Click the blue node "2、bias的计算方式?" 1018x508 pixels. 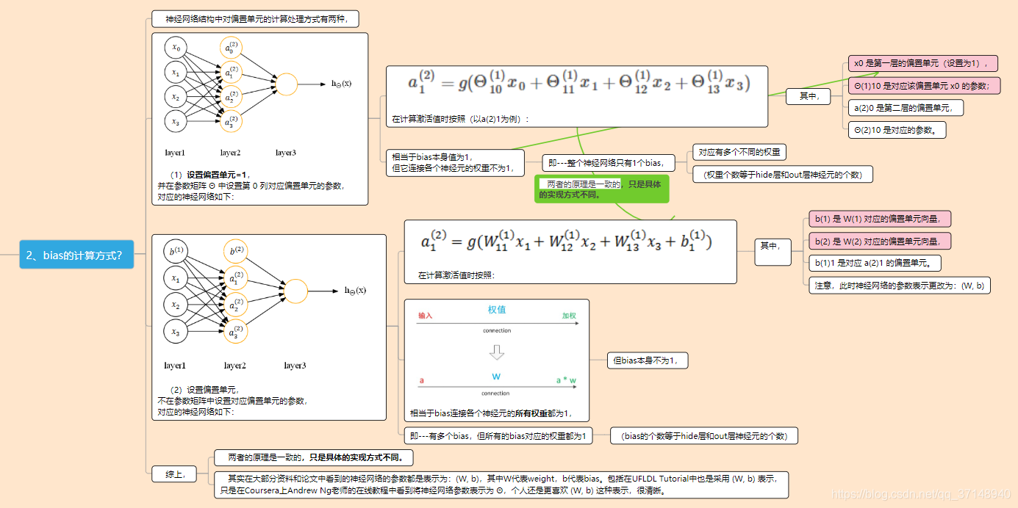[x=77, y=255]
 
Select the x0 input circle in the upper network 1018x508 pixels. [x=176, y=48]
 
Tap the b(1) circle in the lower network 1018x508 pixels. [x=176, y=253]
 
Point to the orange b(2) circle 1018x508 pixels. [x=236, y=252]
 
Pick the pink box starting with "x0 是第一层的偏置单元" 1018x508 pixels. [x=923, y=63]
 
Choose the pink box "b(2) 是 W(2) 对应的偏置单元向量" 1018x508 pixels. [x=879, y=241]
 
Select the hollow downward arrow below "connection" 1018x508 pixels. [x=497, y=352]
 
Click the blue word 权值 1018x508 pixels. [x=497, y=310]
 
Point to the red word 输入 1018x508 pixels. [x=426, y=316]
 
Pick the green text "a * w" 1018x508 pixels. [x=566, y=380]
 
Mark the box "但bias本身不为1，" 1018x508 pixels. [x=648, y=360]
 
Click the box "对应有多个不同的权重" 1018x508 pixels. [x=739, y=153]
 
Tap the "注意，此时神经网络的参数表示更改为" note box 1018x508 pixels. [x=899, y=285]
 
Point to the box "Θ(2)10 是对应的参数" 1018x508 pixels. [x=897, y=130]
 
